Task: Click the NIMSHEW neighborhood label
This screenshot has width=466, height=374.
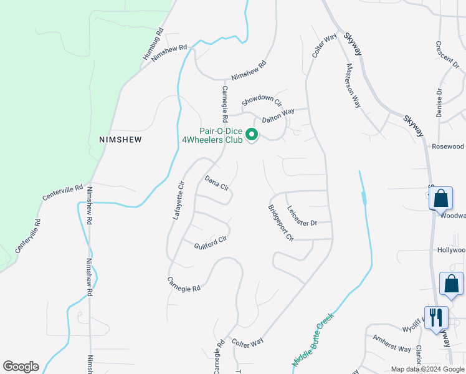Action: [120, 140]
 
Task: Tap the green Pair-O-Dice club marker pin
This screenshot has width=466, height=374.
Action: [252, 135]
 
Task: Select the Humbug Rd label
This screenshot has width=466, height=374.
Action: [153, 44]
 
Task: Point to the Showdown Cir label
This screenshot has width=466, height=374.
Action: [262, 100]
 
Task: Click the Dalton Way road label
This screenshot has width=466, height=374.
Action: [278, 116]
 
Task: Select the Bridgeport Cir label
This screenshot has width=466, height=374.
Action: [280, 223]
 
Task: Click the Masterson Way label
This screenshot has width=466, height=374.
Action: [354, 85]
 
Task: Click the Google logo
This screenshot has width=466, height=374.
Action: [21, 367]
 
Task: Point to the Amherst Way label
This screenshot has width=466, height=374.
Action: [392, 344]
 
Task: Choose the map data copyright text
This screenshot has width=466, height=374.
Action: [427, 369]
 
